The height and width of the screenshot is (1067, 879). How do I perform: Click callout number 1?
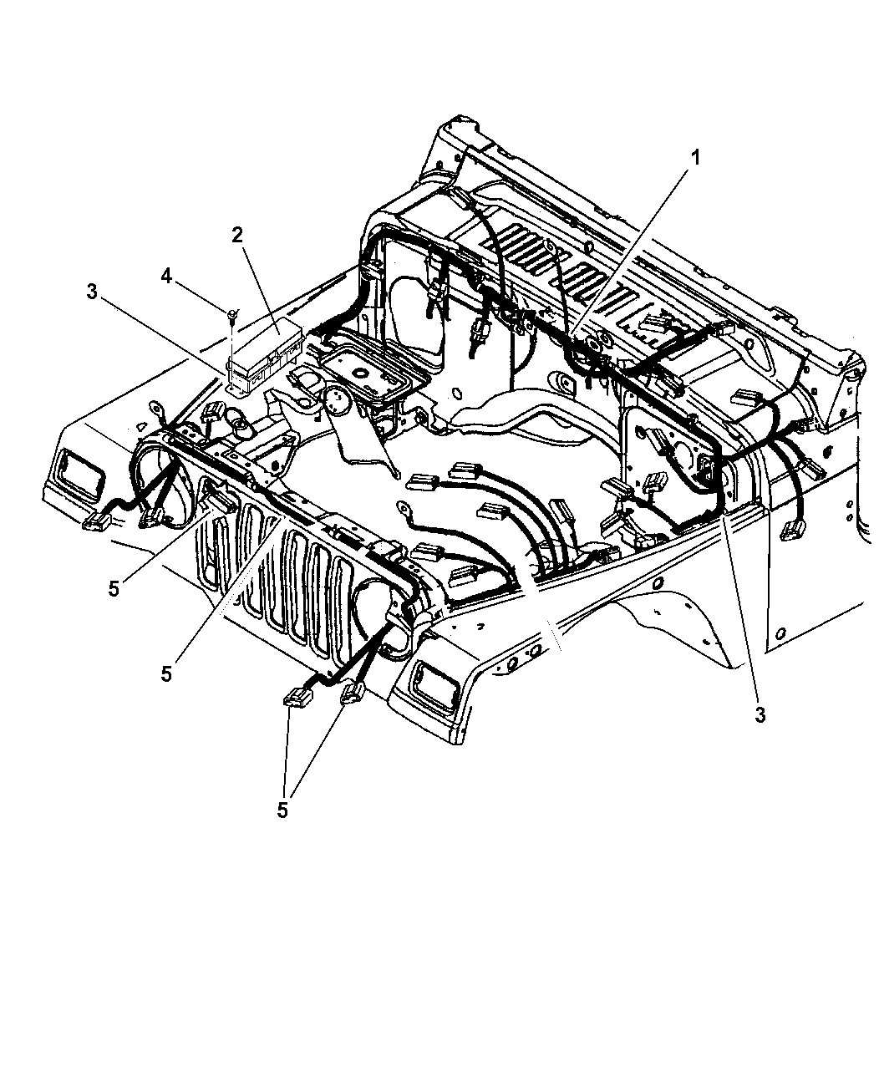pyautogui.click(x=695, y=158)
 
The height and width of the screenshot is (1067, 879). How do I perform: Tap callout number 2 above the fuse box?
pyautogui.click(x=237, y=235)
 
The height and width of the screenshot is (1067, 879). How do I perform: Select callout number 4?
pyautogui.click(x=166, y=276)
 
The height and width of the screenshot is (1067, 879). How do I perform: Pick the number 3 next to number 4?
pyautogui.click(x=91, y=292)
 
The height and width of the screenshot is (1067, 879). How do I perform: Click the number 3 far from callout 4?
pyautogui.click(x=760, y=715)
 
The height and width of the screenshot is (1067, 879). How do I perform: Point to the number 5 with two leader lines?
pyautogui.click(x=282, y=810)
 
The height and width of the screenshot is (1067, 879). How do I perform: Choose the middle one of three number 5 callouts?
pyautogui.click(x=166, y=674)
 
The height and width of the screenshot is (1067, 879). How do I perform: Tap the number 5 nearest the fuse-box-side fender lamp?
pyautogui.click(x=114, y=589)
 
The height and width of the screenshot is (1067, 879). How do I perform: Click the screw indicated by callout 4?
pyautogui.click(x=232, y=314)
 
